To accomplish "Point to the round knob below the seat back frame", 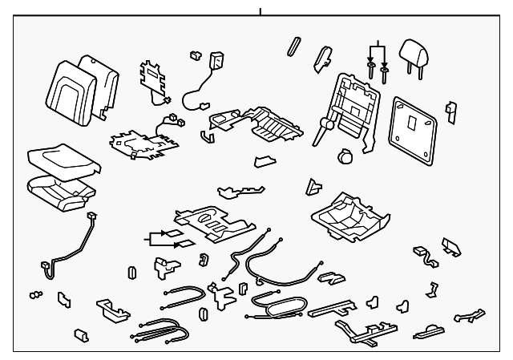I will click(x=347, y=157).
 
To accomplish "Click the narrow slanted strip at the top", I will click(x=293, y=46).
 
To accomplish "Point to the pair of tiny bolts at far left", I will click(x=34, y=294).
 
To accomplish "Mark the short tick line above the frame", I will click(x=260, y=11).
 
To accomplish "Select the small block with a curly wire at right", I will click(x=422, y=254).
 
